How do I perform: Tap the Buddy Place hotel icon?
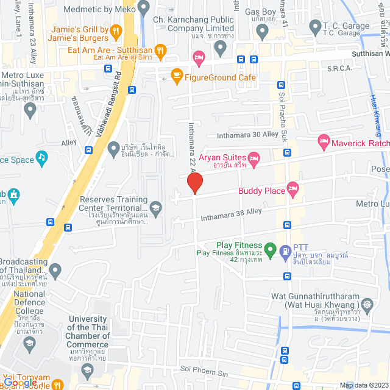click(x=293, y=188)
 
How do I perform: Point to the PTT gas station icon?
click(x=285, y=250)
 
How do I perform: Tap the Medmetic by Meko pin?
click(x=144, y=9)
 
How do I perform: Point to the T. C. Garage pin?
click(x=315, y=26)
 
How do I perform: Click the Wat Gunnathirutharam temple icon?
click(x=367, y=303)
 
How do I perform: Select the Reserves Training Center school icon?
click(x=156, y=207)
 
